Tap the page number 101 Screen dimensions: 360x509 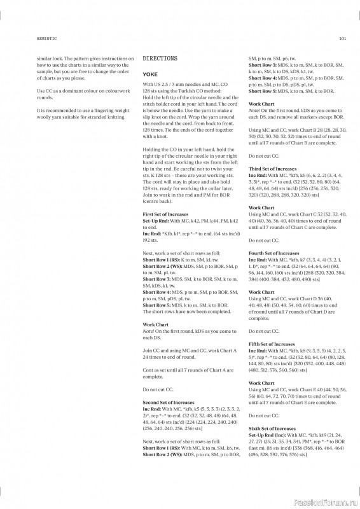click(342, 38)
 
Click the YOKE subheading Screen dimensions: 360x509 click(150, 74)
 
